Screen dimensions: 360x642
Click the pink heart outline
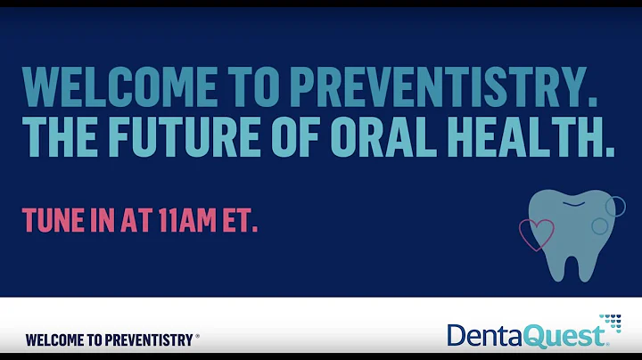536,234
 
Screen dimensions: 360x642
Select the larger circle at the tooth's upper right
614,207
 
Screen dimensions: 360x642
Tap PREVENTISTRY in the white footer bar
150,340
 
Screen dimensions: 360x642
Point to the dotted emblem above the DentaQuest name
610,321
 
